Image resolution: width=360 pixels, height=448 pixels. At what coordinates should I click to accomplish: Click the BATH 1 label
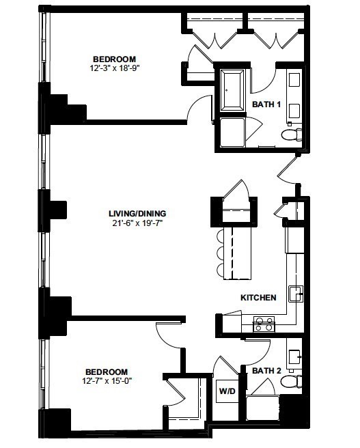266,104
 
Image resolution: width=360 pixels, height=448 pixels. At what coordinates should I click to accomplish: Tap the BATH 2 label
267,371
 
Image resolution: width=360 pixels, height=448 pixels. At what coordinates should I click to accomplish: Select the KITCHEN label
259,298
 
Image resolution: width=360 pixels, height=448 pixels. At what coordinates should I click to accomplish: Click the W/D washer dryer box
227,391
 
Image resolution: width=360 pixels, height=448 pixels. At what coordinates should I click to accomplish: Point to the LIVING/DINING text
137,214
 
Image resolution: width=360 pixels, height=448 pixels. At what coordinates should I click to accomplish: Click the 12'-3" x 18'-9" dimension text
114,68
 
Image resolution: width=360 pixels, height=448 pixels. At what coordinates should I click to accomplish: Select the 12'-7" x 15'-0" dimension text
107,381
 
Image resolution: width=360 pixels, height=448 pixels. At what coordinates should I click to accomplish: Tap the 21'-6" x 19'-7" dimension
137,223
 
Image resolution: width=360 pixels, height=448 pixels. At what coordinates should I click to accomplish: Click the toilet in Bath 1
292,135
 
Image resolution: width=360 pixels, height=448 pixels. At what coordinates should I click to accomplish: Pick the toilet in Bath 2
292,381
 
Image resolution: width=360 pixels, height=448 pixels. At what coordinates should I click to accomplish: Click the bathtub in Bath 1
232,91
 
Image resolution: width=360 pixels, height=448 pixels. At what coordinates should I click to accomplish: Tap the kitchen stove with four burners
264,324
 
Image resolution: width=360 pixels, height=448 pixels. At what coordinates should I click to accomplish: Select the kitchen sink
296,294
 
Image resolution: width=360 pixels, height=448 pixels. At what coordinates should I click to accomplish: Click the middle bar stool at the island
220,253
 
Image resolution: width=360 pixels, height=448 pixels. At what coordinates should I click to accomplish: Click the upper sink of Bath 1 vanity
294,80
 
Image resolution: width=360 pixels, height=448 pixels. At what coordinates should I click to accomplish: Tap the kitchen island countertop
238,253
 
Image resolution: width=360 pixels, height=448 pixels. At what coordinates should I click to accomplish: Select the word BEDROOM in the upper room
114,59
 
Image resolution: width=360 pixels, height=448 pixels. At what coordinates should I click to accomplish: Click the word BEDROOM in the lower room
107,372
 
